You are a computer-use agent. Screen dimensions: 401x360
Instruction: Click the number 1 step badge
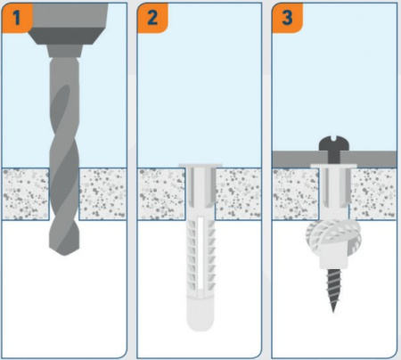click(x=17, y=17)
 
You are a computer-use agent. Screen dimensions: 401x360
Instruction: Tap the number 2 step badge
click(x=152, y=17)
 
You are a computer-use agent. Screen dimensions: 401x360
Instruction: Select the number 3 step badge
click(x=287, y=17)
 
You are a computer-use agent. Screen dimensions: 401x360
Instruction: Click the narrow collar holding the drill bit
click(x=64, y=51)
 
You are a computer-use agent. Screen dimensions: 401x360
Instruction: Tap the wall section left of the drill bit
click(x=26, y=194)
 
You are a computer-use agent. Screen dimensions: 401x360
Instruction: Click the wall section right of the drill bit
click(x=102, y=194)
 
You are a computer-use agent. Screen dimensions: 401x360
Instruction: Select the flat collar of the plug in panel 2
click(x=200, y=165)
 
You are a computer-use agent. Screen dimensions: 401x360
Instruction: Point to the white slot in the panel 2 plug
click(x=200, y=253)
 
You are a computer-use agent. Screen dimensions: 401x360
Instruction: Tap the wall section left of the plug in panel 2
click(x=161, y=194)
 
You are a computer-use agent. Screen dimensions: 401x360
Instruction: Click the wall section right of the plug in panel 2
click(x=239, y=194)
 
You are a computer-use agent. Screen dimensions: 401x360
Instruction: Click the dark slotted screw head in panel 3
click(x=334, y=143)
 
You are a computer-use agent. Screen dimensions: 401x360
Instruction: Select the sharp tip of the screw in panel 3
click(x=333, y=311)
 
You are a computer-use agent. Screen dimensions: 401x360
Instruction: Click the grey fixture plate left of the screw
click(x=300, y=160)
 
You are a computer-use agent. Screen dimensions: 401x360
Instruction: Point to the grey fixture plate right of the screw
click(x=368, y=160)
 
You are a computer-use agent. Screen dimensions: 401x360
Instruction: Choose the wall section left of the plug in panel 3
click(x=296, y=194)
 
